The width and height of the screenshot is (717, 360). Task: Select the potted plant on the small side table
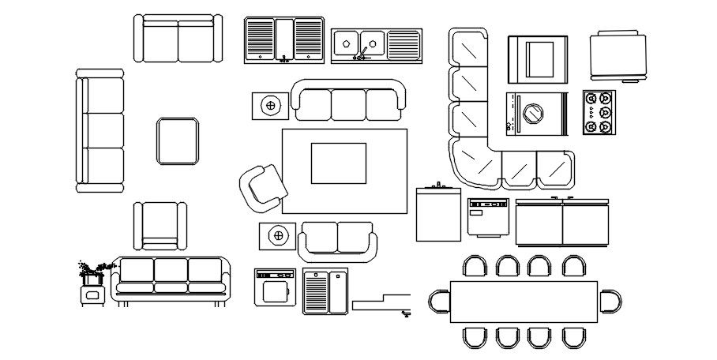(x=92, y=271)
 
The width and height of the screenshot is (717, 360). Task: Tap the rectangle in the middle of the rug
(x=338, y=163)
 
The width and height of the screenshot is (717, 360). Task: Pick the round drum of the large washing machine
(x=535, y=114)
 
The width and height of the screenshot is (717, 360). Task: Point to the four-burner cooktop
(x=598, y=113)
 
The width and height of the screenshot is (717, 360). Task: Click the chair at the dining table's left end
(x=439, y=302)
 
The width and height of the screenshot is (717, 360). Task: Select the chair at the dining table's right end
(x=610, y=302)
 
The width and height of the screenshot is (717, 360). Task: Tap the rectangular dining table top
(x=524, y=302)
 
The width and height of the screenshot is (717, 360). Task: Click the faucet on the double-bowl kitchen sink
(x=362, y=53)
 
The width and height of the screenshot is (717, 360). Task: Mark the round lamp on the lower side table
(x=278, y=234)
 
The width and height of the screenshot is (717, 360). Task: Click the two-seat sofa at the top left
(x=178, y=39)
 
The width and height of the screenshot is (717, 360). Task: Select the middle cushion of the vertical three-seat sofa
(x=101, y=131)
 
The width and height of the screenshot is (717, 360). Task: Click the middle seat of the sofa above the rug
(x=347, y=104)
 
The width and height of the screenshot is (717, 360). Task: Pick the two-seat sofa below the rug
(x=337, y=240)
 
